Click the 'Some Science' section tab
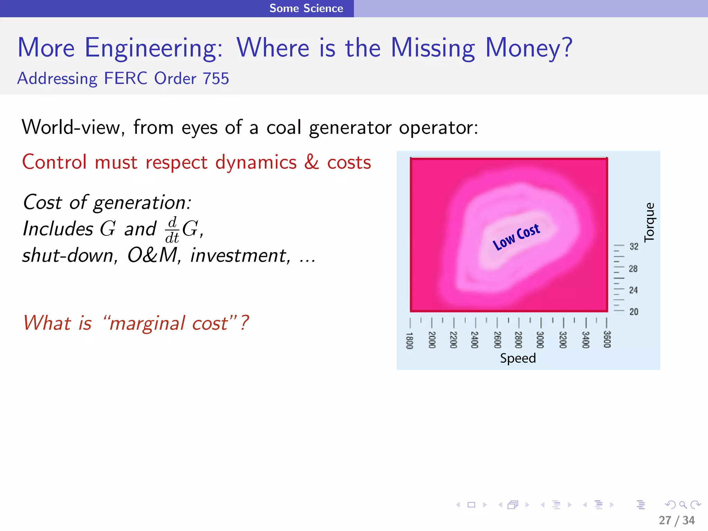point(306,8)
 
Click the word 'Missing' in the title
point(433,48)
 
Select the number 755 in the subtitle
point(216,78)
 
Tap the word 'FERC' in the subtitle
point(125,78)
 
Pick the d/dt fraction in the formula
point(172,230)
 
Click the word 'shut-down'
point(68,256)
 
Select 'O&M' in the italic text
point(152,255)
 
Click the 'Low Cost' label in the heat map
point(516,236)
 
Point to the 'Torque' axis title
point(650,222)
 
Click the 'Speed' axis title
point(518,358)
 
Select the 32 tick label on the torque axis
point(634,246)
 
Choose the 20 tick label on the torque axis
point(634,312)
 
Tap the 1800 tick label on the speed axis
point(409,341)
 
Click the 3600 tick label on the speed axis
point(607,339)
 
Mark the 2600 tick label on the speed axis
point(497,340)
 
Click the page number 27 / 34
point(677,520)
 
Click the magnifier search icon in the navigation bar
point(683,505)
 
